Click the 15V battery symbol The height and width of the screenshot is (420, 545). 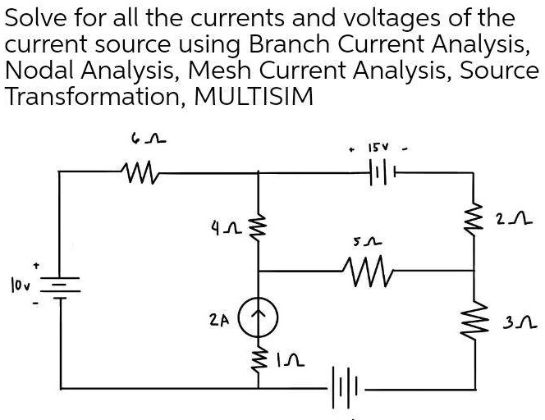[380, 173]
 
